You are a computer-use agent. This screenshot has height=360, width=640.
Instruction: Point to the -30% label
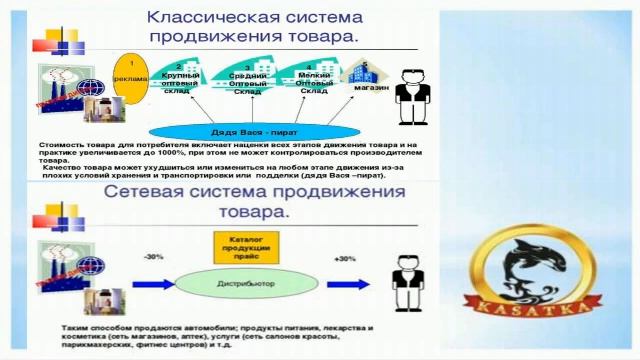point(154,258)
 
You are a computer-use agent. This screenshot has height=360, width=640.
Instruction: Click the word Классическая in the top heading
point(213,18)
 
